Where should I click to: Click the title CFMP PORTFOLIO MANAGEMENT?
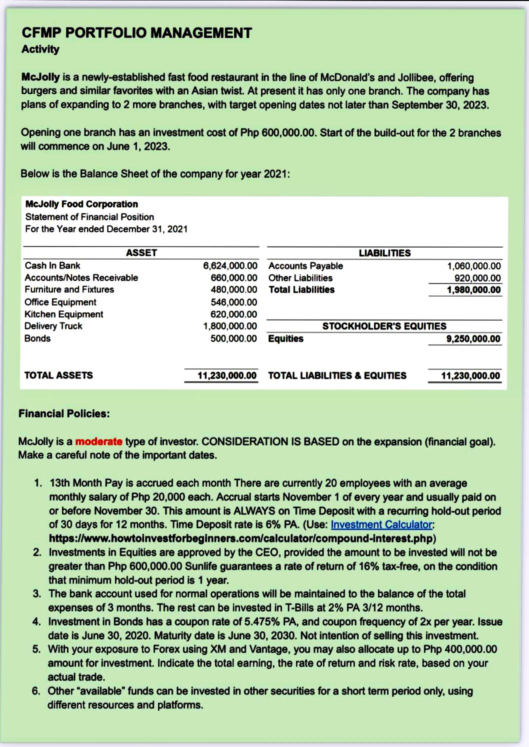point(136,33)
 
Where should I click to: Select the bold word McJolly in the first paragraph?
point(40,77)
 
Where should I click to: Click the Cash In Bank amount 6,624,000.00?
point(230,265)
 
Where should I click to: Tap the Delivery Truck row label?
point(53,326)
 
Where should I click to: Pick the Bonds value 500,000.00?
point(233,338)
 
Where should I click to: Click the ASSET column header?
point(141,253)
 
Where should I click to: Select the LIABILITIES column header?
point(384,253)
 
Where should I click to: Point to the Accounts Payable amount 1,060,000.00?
point(473,266)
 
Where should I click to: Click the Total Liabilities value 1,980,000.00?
point(473,290)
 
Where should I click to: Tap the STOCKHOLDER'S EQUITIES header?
point(384,326)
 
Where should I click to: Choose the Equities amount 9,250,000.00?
point(473,339)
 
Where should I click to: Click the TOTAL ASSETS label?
point(58,375)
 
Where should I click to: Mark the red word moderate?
point(98,441)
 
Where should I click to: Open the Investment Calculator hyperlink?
point(381,524)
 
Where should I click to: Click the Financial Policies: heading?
point(64,413)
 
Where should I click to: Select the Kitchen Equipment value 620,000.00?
point(233,314)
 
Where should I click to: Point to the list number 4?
point(36,621)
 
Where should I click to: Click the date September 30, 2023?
point(439,105)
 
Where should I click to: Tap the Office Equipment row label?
point(60,302)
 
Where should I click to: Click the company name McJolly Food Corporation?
point(81,204)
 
